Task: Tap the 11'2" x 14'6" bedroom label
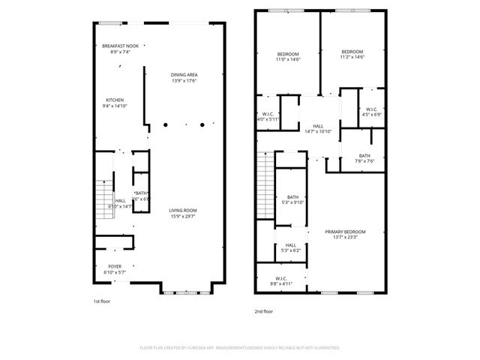pos(352,54)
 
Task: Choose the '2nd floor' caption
pos(263,310)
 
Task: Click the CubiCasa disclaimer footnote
pos(240,348)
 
